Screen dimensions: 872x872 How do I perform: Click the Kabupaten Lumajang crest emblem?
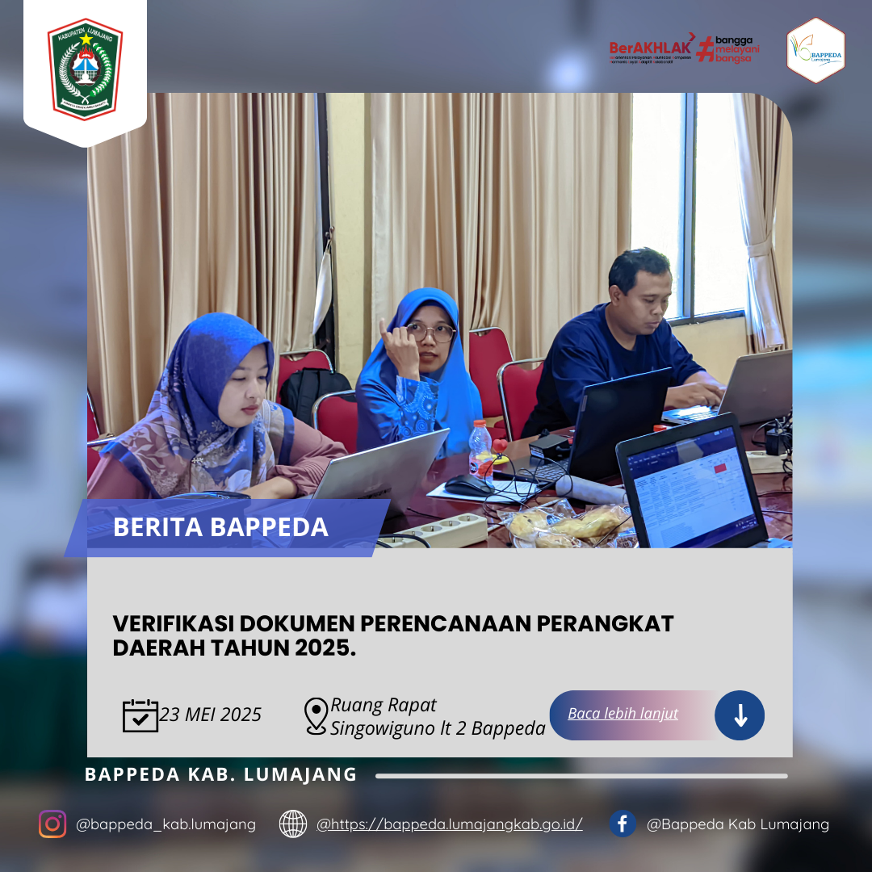(x=85, y=69)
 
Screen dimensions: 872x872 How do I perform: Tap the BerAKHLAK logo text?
(x=651, y=48)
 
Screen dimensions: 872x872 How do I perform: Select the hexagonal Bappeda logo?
(x=815, y=50)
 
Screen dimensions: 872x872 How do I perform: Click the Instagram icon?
(x=52, y=824)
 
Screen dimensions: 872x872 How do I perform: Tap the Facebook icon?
(x=622, y=824)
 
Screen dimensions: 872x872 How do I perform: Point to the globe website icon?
(x=292, y=824)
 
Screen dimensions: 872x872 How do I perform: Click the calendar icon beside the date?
(x=140, y=715)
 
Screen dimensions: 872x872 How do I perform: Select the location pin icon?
(x=316, y=716)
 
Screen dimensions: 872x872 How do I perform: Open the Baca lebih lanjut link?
(x=623, y=714)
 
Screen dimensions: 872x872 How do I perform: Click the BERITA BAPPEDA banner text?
(x=220, y=527)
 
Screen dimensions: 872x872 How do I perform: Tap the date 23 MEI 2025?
(x=211, y=715)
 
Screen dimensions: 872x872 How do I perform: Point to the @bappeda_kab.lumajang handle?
(x=166, y=824)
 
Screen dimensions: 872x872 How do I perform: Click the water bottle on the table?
(x=480, y=448)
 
